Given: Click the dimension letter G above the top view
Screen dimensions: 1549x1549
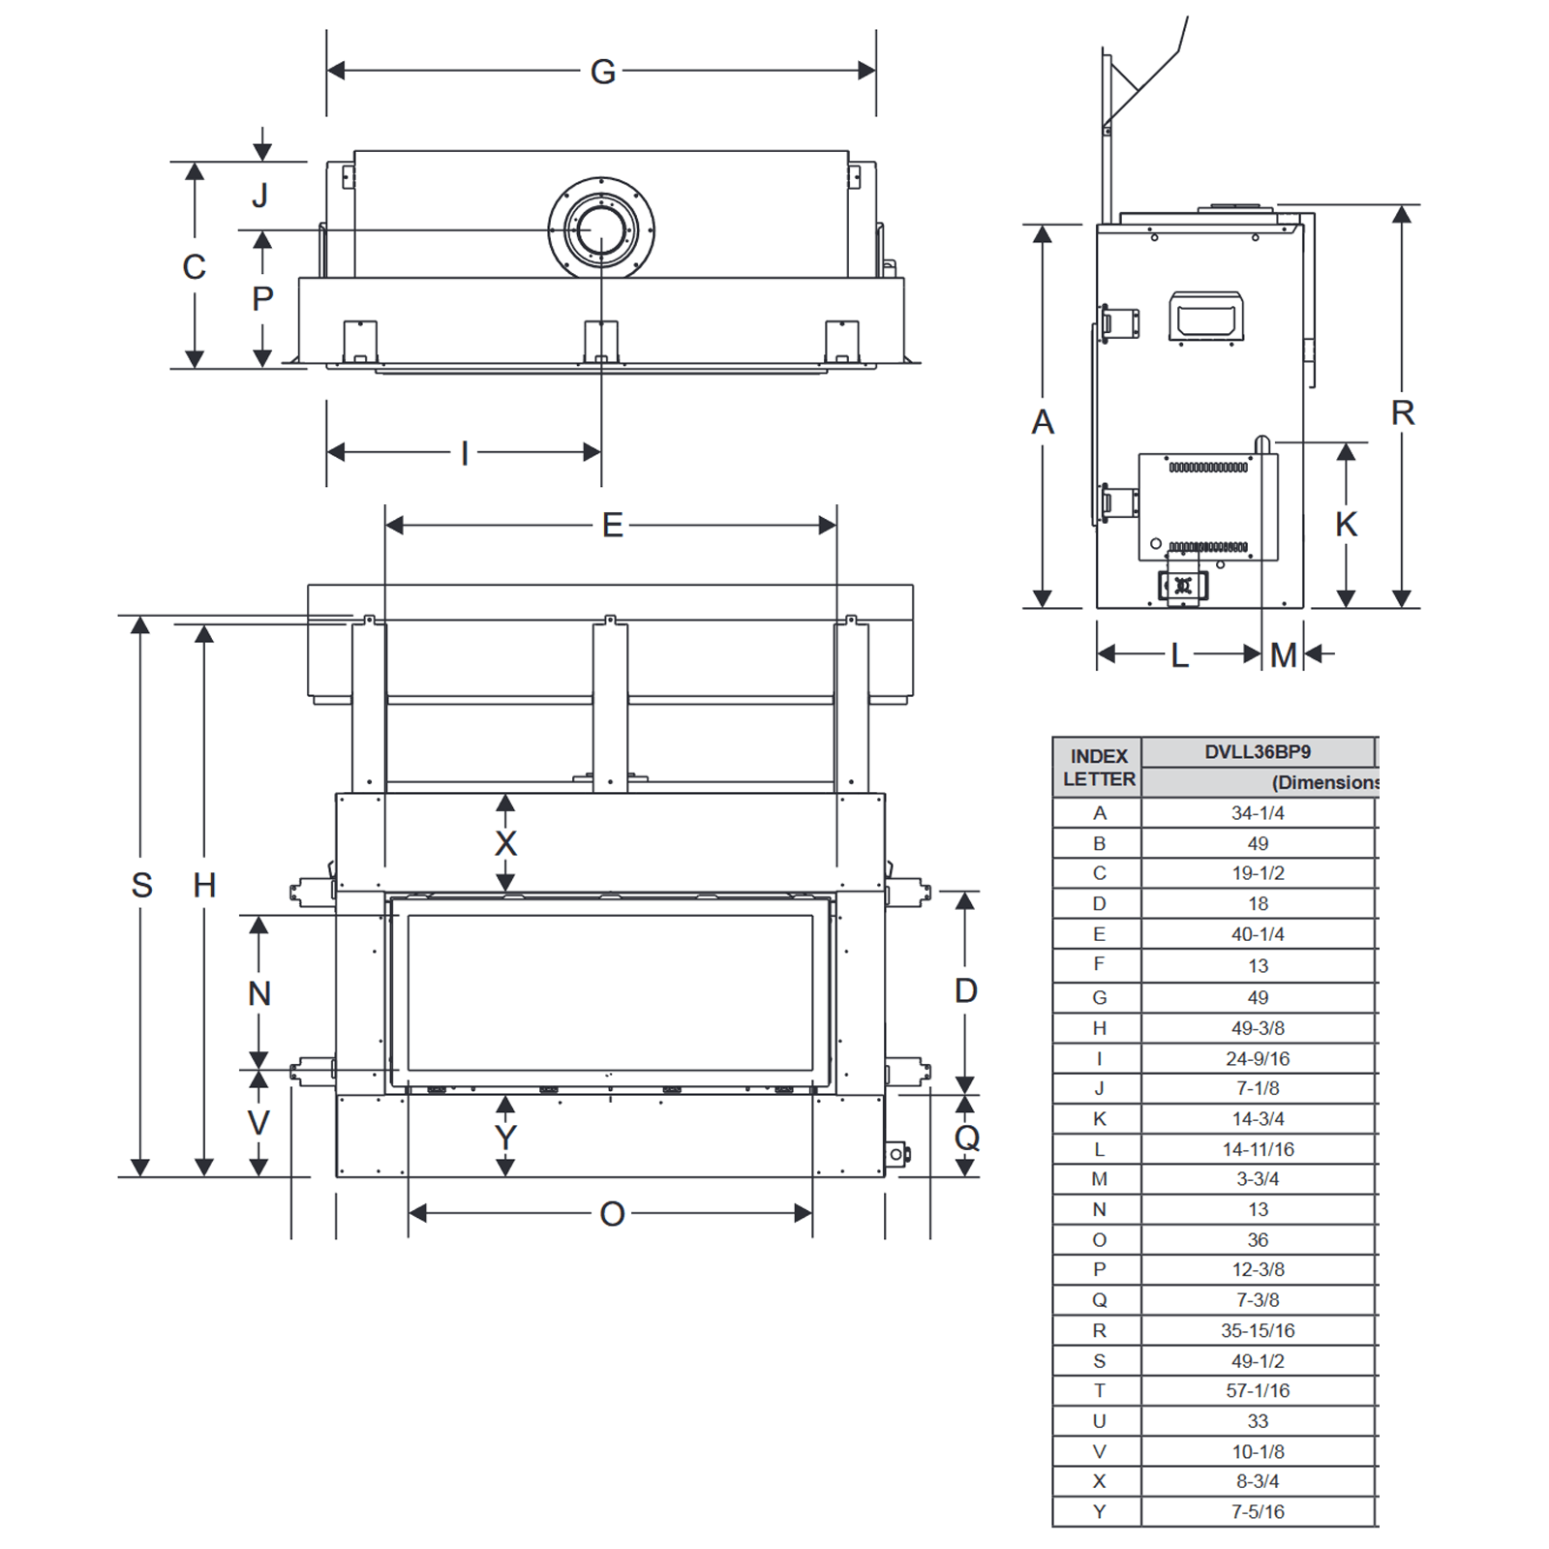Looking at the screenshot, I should point(602,72).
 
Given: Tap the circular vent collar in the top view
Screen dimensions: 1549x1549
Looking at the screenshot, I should point(601,229).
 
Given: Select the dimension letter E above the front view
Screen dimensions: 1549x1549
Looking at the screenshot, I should point(612,526).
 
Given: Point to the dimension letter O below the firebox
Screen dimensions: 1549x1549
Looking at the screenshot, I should point(612,1214).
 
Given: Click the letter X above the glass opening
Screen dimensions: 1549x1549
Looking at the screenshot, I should point(505,843).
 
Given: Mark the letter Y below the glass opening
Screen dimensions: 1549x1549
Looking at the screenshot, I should point(505,1138).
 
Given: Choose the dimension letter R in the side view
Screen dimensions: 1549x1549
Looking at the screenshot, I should point(1403,413).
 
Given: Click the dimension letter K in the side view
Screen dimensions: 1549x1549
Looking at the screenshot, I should point(1346,525).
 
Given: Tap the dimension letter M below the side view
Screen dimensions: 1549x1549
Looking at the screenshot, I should point(1284,655).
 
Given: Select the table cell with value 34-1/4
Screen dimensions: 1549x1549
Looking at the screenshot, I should point(1258,813).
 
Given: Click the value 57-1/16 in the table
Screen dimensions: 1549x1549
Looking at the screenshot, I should point(1258,1391).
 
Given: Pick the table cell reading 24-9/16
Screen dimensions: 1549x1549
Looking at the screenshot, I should point(1258,1059).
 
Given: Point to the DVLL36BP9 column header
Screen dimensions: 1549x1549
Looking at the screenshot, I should point(1258,752).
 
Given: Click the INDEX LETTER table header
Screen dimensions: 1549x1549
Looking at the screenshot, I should point(1099,767).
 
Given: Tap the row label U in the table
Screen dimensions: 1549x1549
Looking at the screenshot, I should point(1099,1421).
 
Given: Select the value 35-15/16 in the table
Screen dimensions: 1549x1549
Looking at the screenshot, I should point(1258,1331).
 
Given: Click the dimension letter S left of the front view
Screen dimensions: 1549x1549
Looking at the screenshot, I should point(141,885).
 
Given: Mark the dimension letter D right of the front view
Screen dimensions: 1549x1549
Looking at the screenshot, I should point(966,990).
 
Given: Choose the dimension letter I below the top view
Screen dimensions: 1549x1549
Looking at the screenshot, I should point(465,453).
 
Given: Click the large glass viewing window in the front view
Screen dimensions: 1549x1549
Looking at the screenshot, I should point(610,992).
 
